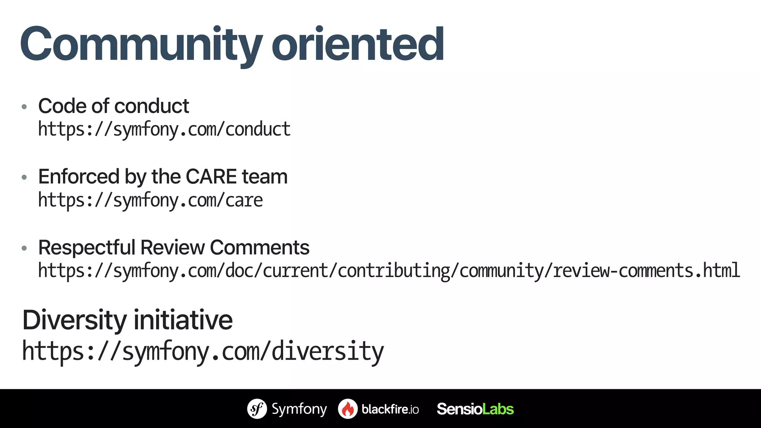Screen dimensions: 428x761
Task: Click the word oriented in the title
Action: point(357,45)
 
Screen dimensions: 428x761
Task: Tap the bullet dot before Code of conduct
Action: point(25,107)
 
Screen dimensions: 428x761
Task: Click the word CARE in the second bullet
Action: point(211,176)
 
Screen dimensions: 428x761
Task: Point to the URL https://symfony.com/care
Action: point(150,200)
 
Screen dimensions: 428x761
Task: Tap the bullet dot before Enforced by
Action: point(25,178)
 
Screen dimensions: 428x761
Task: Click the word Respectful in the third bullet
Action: point(86,247)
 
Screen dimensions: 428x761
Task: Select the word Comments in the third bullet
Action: point(259,247)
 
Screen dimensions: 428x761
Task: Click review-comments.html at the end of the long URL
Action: point(646,270)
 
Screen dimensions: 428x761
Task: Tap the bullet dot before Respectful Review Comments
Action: point(25,248)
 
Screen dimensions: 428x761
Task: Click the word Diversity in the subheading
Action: point(74,320)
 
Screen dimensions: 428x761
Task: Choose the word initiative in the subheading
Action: point(183,320)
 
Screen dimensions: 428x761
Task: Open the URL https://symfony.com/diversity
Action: point(203,351)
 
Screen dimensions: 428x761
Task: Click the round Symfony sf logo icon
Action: point(257,409)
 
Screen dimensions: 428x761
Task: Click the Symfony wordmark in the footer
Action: point(299,409)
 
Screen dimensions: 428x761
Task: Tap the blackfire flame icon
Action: point(347,409)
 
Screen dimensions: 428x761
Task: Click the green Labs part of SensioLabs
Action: point(498,409)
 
